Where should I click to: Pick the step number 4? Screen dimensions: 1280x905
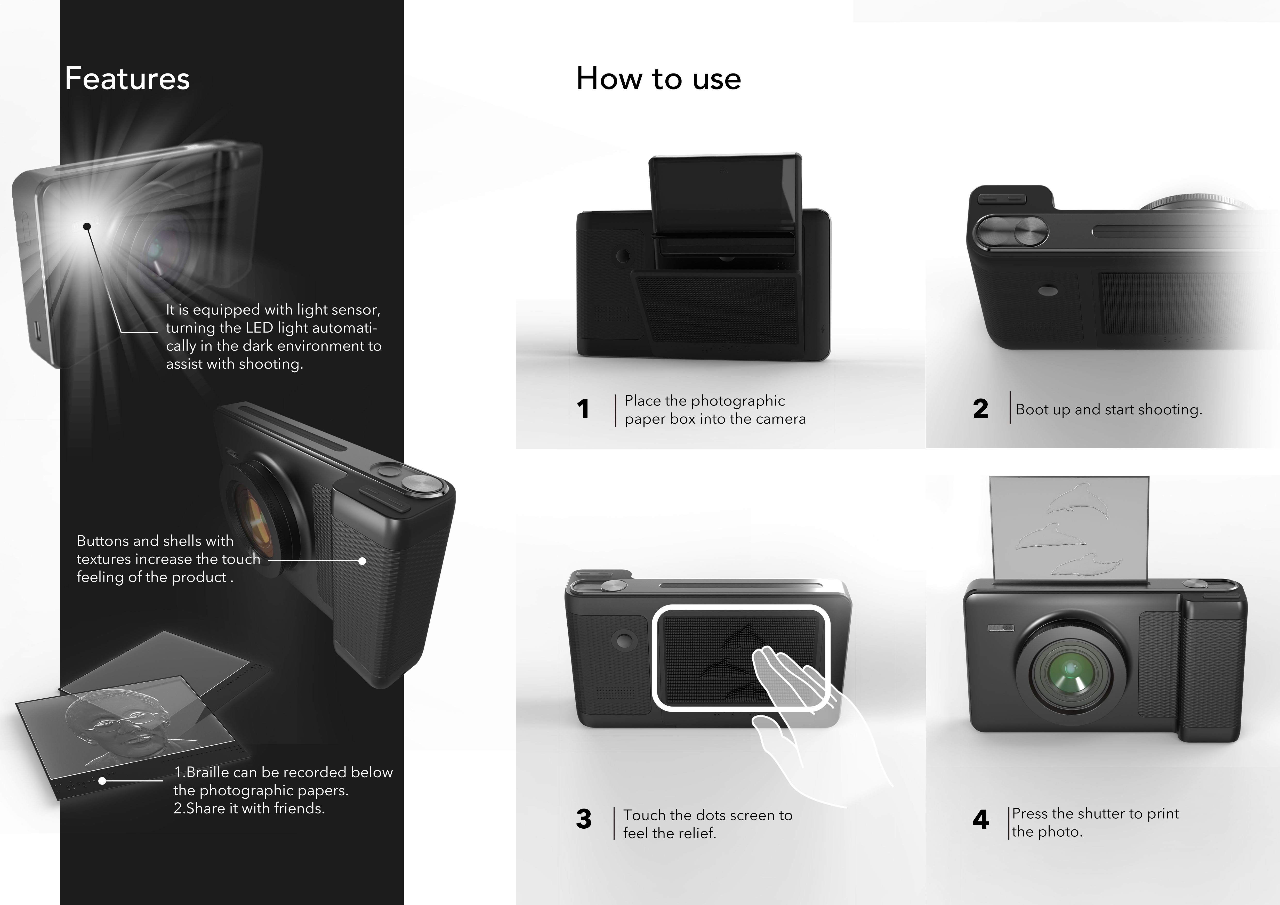pos(981,819)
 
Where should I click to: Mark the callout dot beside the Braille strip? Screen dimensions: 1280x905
pos(102,781)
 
